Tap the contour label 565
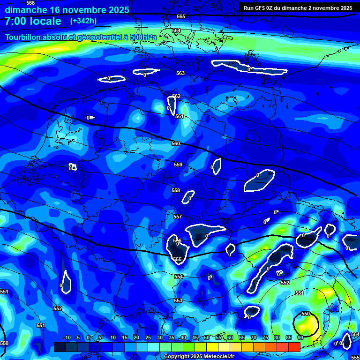click(x=181, y=16)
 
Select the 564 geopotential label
click(x=176, y=30)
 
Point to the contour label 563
click(x=180, y=73)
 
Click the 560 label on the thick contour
click(x=176, y=143)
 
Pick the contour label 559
click(x=178, y=165)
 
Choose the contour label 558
click(x=176, y=190)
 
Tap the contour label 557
click(x=178, y=217)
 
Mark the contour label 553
click(x=178, y=300)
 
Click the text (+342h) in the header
click(x=83, y=21)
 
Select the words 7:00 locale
click(x=33, y=21)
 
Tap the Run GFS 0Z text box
click(x=298, y=8)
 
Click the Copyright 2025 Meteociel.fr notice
click(x=199, y=357)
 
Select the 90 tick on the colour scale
click(x=300, y=337)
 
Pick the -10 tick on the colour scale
click(x=67, y=337)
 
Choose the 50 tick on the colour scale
click(x=207, y=337)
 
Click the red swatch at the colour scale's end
click(x=294, y=347)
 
